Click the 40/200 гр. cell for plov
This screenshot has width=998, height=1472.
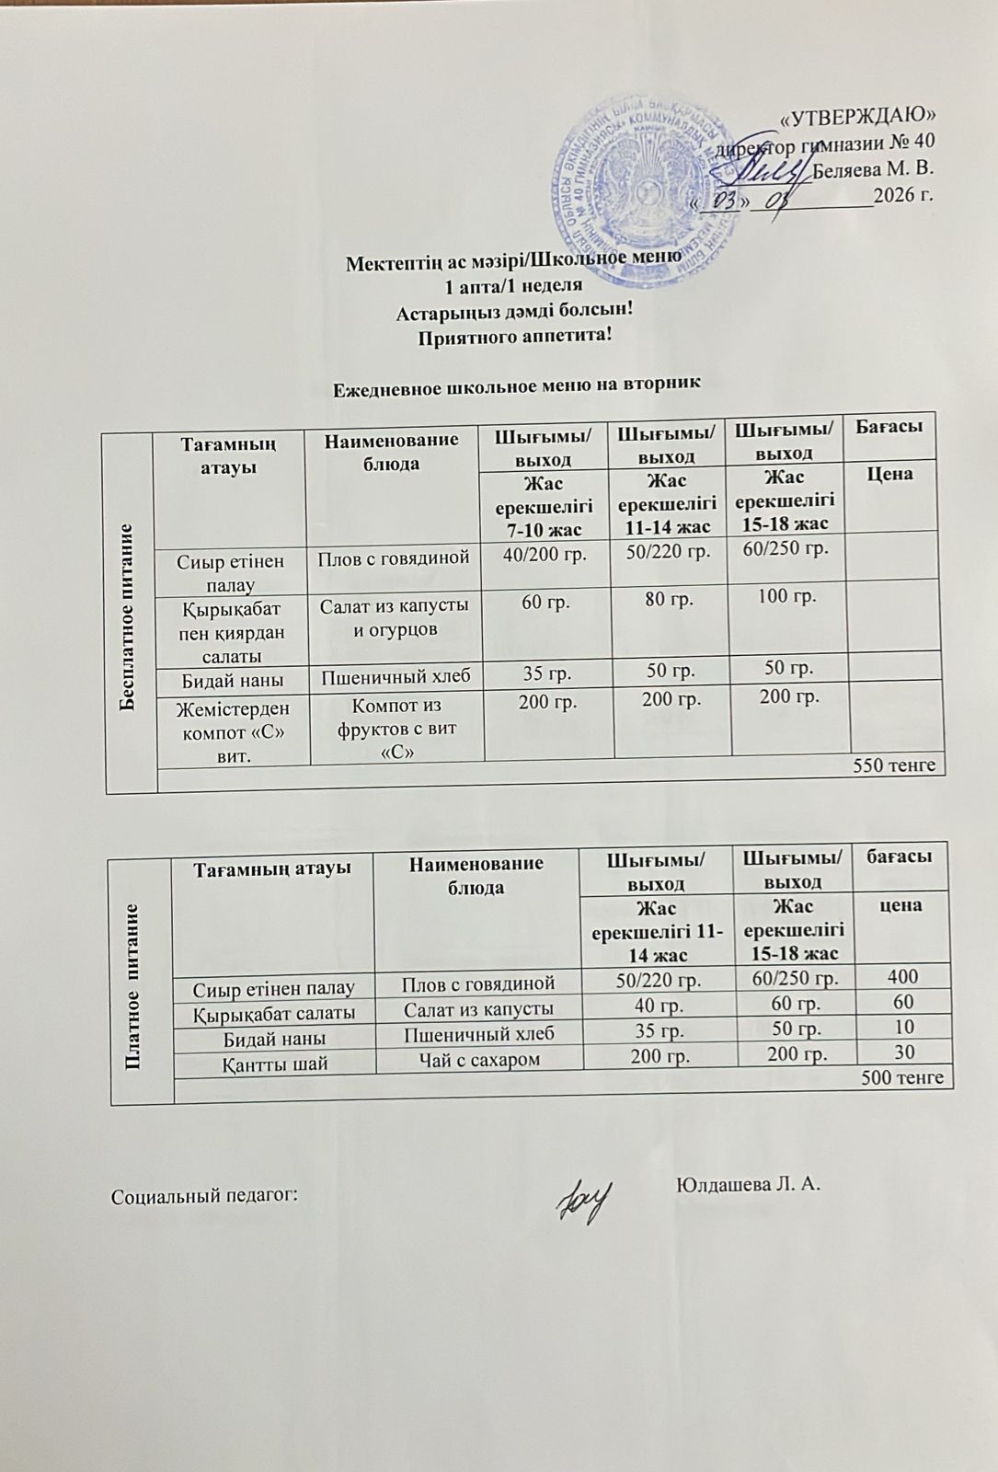coord(547,555)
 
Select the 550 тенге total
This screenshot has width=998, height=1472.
coord(894,765)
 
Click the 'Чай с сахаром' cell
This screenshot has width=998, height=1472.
coord(478,1059)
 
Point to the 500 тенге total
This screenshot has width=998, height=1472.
coord(901,1077)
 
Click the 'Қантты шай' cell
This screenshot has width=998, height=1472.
coord(275,1061)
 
